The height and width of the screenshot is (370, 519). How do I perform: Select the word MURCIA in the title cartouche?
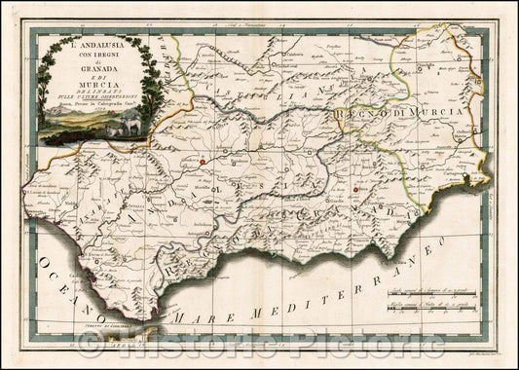[95, 84]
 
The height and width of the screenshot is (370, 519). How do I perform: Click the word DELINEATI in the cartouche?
[95, 92]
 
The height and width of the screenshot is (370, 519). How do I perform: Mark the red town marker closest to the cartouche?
[202, 162]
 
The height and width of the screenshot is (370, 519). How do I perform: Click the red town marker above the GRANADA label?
[358, 190]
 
